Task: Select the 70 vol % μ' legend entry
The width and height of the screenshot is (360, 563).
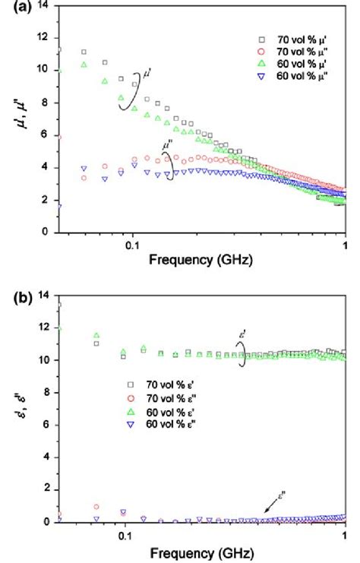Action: (288, 38)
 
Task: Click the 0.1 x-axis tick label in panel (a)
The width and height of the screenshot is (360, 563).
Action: (132, 245)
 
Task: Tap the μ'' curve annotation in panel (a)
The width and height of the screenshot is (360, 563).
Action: (167, 142)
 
